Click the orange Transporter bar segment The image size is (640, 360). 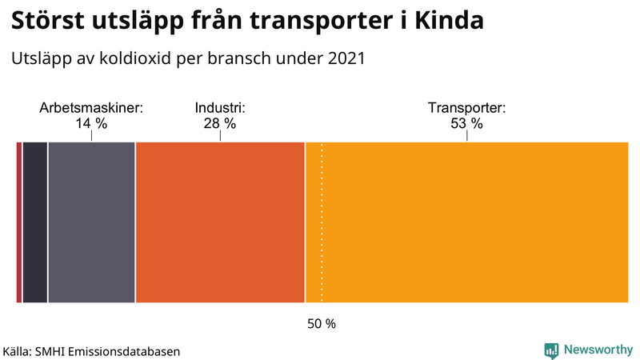point(472,222)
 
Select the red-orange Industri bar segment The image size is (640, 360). point(220,222)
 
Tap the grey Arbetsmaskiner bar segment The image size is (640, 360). point(91,222)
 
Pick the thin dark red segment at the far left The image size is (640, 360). point(19,222)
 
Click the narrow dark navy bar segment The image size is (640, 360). point(35,222)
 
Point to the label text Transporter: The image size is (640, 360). point(466,108)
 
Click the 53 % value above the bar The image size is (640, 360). point(466,123)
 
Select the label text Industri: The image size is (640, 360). point(219,108)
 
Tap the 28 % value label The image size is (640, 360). point(219,123)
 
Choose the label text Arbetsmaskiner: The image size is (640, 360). point(91,108)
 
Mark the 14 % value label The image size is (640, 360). point(91,123)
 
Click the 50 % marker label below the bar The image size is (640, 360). point(322,324)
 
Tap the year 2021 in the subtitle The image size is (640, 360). point(346,59)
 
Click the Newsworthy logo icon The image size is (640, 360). point(551,350)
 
